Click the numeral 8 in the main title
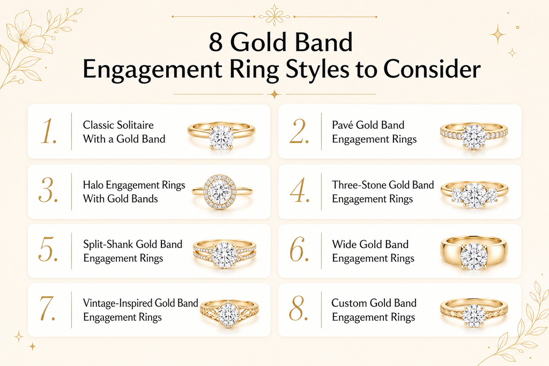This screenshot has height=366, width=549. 216,42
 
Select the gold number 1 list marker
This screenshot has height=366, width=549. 48,132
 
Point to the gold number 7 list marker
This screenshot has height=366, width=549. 48,309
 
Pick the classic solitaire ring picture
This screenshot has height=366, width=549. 221,136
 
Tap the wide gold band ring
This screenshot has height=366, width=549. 474,252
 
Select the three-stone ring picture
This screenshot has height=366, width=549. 474,195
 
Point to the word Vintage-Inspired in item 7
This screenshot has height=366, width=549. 117,303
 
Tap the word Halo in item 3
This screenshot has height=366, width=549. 93,185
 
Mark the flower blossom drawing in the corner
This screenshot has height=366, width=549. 25,34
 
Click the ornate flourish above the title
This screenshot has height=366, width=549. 274,16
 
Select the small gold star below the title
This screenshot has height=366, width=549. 275,94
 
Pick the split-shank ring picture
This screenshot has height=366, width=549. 225,253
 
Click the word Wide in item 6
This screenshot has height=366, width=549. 345,244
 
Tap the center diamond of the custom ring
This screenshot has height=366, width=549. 474,315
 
